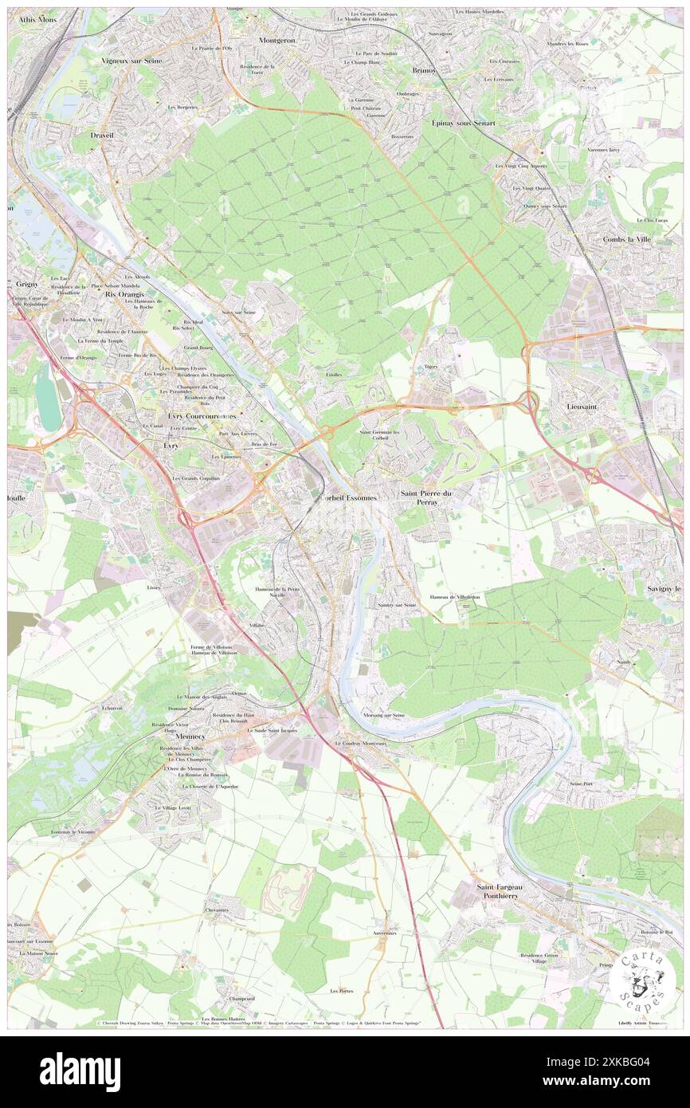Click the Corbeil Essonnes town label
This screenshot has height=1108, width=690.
coord(347,496)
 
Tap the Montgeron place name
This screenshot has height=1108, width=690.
coord(276,39)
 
